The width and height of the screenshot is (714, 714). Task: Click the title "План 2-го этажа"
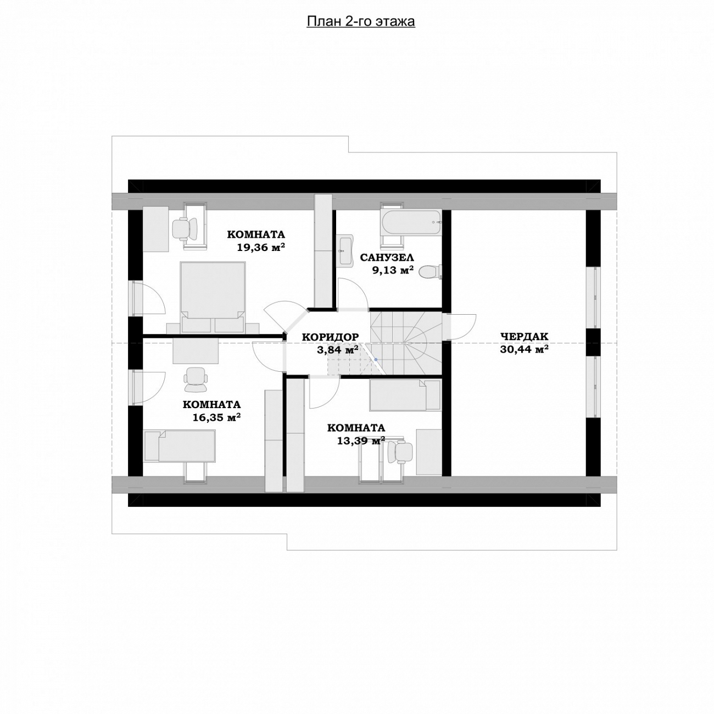point(360,22)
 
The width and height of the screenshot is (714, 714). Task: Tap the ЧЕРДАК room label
point(524,337)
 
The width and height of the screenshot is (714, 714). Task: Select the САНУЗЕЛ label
point(387,257)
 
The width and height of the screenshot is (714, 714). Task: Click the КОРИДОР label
point(330,337)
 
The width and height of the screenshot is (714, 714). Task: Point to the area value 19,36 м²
point(261,247)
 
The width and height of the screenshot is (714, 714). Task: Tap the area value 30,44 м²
point(525,349)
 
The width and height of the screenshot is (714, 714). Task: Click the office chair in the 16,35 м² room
point(196,380)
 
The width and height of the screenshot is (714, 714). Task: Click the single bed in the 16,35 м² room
point(180,446)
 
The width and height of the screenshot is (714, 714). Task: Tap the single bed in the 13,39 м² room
point(405,395)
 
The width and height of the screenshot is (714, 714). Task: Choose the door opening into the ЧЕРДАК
point(461,326)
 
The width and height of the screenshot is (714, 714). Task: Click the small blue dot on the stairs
point(376,359)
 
